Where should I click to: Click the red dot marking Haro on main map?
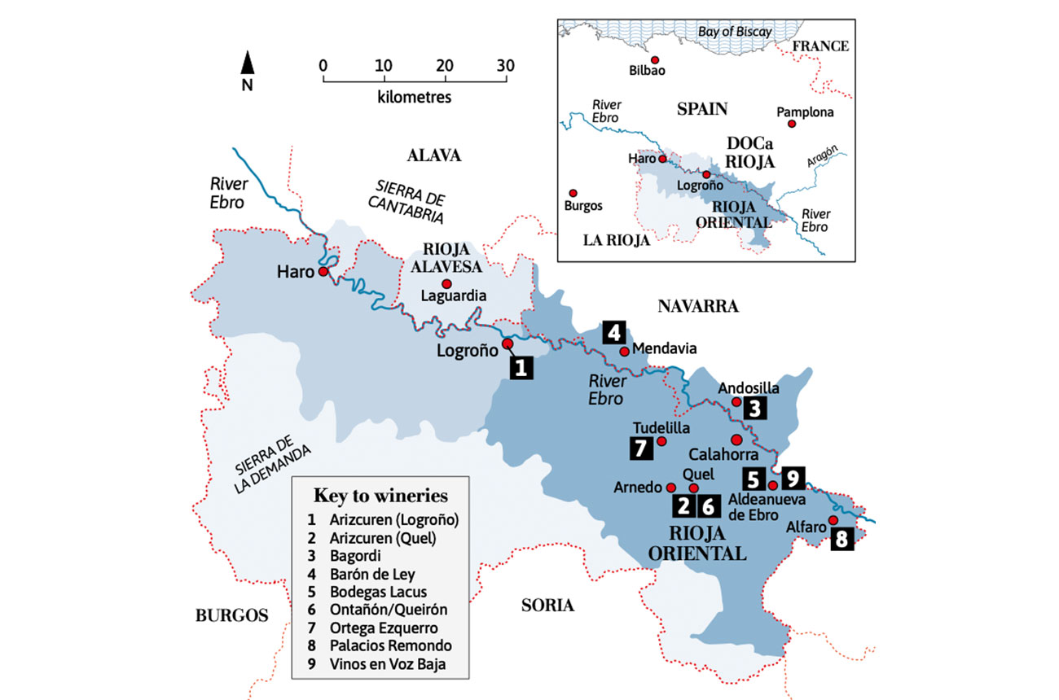[323, 271]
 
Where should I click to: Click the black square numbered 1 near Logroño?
[521, 367]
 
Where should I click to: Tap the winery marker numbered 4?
[614, 333]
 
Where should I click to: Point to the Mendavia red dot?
[625, 352]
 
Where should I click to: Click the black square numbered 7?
[641, 447]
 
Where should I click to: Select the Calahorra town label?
[718, 454]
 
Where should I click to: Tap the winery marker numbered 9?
[793, 477]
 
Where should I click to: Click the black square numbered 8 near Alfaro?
[841, 540]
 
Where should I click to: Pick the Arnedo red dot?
[671, 488]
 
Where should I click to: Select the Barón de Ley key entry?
[374, 574]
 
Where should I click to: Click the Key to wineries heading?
[380, 496]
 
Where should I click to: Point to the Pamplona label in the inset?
[805, 112]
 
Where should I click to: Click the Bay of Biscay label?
[735, 32]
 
